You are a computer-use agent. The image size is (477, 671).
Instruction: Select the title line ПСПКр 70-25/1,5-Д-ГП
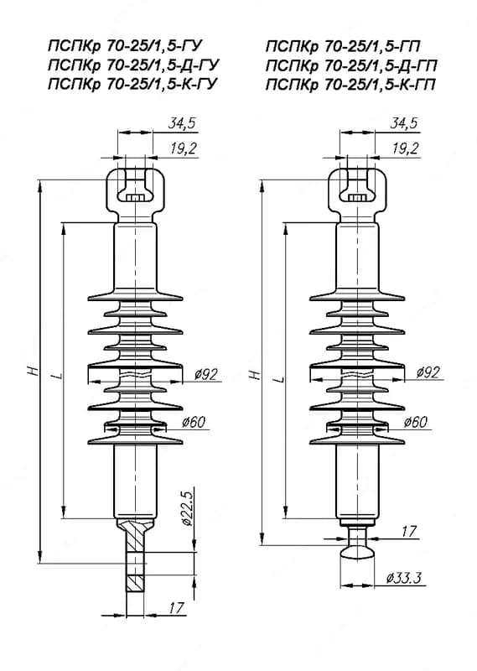[x=351, y=65]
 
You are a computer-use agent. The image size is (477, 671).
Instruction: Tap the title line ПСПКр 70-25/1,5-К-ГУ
[x=133, y=84]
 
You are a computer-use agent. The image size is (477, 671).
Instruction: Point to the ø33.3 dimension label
[x=404, y=578]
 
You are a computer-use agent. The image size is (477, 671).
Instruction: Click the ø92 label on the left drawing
[x=205, y=374]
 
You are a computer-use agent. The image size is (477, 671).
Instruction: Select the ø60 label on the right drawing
[x=416, y=423]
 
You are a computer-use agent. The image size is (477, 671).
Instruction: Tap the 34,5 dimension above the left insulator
[x=181, y=123]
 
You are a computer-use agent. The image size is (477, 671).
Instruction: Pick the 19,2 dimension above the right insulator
[x=405, y=148]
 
